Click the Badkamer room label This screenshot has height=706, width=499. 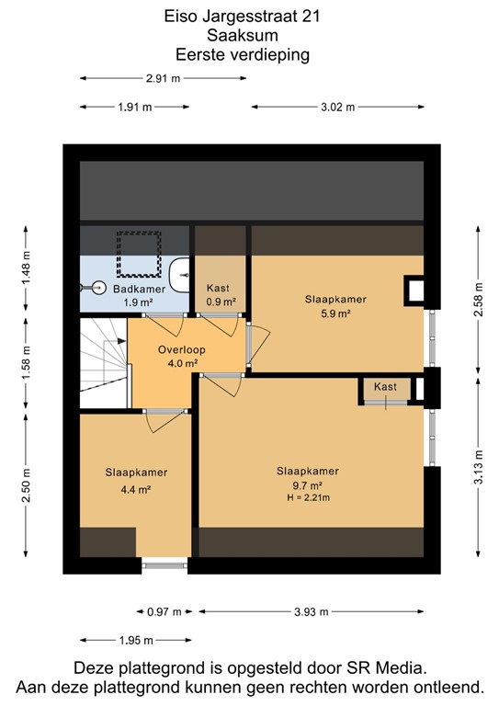pyautogui.click(x=139, y=290)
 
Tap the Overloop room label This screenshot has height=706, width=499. pyautogui.click(x=180, y=350)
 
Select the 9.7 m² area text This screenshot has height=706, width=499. pyautogui.click(x=307, y=485)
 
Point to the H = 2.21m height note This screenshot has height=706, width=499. pyautogui.click(x=307, y=497)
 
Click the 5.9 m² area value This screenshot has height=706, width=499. pyautogui.click(x=336, y=313)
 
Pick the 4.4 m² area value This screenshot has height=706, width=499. pyautogui.click(x=136, y=489)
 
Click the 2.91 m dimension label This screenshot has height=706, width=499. pyautogui.click(x=163, y=78)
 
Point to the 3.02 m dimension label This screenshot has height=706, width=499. pyautogui.click(x=336, y=108)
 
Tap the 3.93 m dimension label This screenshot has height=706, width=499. pyautogui.click(x=312, y=610)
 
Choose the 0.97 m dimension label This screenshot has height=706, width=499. pyautogui.click(x=165, y=610)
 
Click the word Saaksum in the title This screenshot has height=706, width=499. pyautogui.click(x=248, y=36)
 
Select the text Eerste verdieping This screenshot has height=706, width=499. pyautogui.click(x=248, y=54)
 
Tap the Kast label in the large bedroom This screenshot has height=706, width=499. pyautogui.click(x=385, y=387)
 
